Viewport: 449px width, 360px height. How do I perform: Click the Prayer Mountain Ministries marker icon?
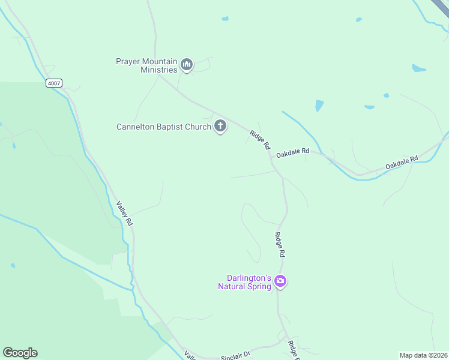pyautogui.click(x=187, y=65)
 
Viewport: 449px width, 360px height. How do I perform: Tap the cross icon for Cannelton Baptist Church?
pyautogui.click(x=220, y=126)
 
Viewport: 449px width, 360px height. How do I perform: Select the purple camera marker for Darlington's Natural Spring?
pyautogui.click(x=280, y=281)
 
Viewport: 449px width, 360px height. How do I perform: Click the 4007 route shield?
pyautogui.click(x=53, y=83)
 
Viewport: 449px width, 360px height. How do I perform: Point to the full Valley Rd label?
pyautogui.click(x=125, y=213)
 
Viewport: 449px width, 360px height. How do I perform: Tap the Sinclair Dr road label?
pyautogui.click(x=235, y=355)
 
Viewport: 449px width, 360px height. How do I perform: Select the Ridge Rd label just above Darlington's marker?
pyautogui.click(x=279, y=245)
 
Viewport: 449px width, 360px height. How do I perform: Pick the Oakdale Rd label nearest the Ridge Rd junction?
pyautogui.click(x=293, y=153)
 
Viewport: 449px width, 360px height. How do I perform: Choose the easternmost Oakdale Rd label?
pyautogui.click(x=401, y=162)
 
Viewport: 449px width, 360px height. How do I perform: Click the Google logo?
pyautogui.click(x=20, y=353)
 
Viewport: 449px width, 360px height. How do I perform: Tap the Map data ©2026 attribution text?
pyautogui.click(x=423, y=355)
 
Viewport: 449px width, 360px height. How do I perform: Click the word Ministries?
pyautogui.click(x=160, y=70)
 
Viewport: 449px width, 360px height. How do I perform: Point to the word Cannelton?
pyautogui.click(x=136, y=127)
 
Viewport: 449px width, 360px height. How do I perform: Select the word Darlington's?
pyautogui.click(x=248, y=278)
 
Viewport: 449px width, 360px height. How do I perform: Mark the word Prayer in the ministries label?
pyautogui.click(x=128, y=61)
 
